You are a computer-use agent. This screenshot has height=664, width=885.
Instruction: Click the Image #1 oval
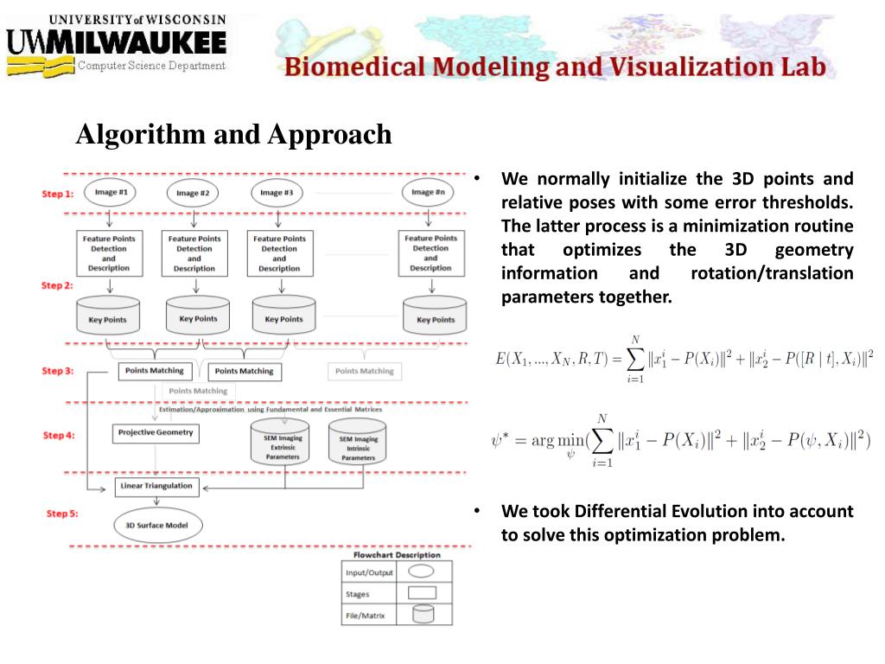pos(111,193)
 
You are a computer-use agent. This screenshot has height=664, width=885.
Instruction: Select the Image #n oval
pos(429,193)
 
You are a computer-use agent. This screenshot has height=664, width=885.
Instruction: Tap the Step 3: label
pos(58,371)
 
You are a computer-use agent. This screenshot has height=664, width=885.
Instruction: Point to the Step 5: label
pos(62,514)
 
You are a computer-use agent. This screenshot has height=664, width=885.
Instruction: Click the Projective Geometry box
pos(156,432)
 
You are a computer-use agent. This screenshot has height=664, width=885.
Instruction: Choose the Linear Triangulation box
pos(155,486)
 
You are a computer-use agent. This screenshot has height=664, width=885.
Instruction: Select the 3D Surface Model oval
pos(157,525)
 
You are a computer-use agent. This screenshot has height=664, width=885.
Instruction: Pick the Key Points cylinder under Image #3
pos(278,316)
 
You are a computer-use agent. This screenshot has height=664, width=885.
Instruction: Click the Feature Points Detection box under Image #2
pos(194,252)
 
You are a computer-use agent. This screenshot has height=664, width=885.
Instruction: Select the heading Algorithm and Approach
pos(233,135)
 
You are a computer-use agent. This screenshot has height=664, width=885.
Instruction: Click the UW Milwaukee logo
pos(118,42)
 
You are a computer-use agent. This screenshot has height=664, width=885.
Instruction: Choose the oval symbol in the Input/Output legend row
pos(421,571)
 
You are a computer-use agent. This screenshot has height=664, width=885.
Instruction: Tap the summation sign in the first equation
pos(636,357)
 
